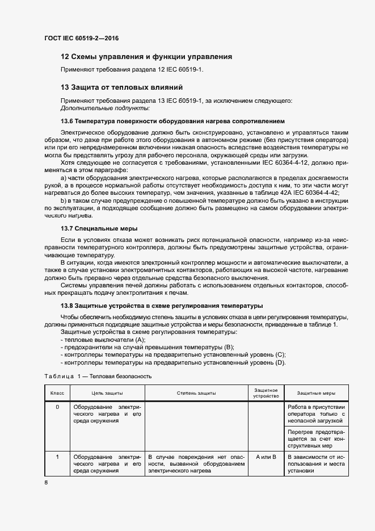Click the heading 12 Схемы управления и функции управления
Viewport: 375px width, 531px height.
tap(146, 57)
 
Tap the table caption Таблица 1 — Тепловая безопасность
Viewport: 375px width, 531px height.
tap(98, 376)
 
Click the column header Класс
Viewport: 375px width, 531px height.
tap(57, 393)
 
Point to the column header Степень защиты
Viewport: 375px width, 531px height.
tap(196, 393)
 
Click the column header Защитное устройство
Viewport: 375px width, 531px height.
tap(266, 393)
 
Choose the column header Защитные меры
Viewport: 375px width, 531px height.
tap(316, 393)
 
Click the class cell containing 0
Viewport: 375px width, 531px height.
tap(57, 407)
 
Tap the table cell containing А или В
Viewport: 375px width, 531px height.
tap(266, 457)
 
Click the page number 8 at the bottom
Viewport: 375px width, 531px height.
tap(46, 482)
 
